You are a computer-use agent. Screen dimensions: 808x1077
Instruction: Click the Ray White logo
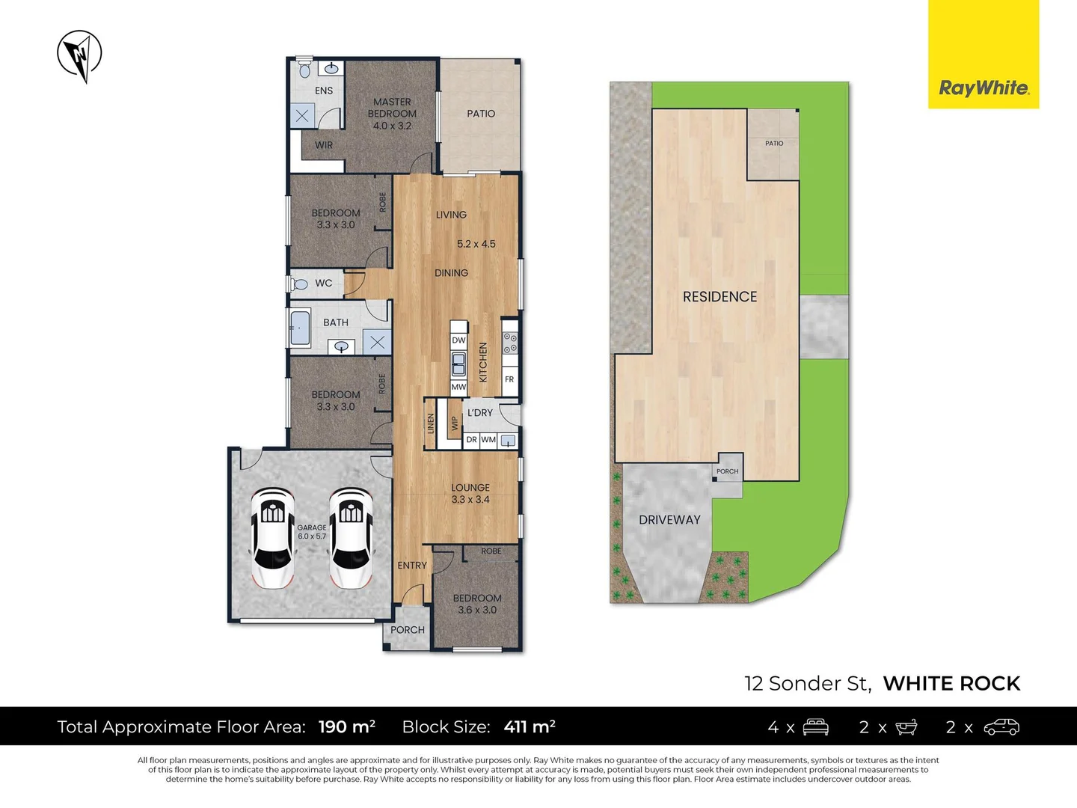[x=984, y=88]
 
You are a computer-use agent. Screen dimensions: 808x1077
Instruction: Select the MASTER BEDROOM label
[x=392, y=114]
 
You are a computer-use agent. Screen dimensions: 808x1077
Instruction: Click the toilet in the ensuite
[x=304, y=70]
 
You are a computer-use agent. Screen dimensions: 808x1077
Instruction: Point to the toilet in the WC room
[x=301, y=284]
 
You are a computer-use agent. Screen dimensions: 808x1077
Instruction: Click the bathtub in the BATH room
[x=300, y=328]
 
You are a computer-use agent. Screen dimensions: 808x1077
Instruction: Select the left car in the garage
[x=271, y=537]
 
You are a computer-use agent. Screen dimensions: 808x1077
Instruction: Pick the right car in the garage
[x=351, y=537]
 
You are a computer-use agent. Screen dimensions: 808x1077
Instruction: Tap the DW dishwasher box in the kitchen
[x=458, y=340]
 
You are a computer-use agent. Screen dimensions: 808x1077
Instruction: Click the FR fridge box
[x=509, y=379]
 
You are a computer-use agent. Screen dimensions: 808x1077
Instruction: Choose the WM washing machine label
[x=488, y=440]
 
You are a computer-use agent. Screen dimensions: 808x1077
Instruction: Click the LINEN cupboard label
[x=431, y=423]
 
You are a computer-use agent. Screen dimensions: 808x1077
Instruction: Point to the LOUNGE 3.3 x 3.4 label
[x=470, y=494]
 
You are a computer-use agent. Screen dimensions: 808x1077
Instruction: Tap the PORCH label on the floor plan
[x=408, y=630]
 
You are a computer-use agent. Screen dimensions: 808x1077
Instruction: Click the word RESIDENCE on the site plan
[x=719, y=297]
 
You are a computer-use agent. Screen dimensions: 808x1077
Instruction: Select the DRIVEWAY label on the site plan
[x=669, y=520]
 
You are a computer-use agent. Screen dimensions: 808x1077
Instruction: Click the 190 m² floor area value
[x=347, y=727]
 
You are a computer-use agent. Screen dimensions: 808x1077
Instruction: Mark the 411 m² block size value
[x=530, y=727]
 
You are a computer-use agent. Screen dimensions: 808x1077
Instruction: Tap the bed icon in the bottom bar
[x=815, y=727]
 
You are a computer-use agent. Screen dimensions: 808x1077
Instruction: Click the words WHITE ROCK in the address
[x=951, y=684]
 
